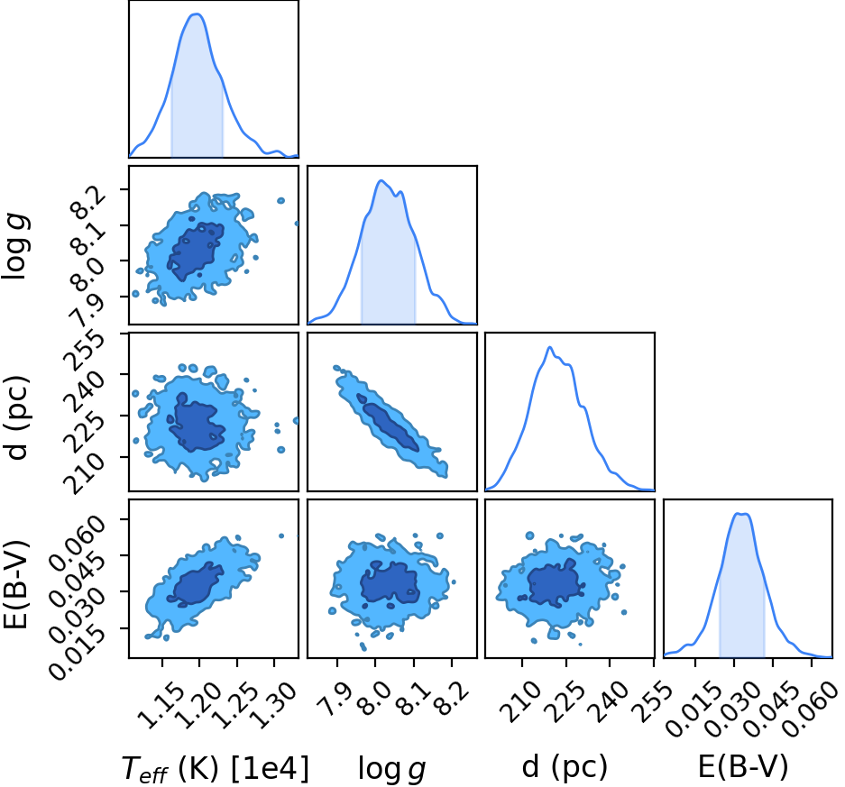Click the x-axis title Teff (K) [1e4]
pos(215,769)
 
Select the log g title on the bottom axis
pos(391,769)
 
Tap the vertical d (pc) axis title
pos(18,416)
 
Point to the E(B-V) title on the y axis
pos(17,584)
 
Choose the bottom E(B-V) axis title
pos(743,766)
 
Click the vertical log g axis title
pos(16,245)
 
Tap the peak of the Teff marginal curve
pos(197,14)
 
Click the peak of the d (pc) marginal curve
pos(549,347)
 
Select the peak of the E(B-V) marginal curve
pos(741,513)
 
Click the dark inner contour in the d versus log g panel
pos(388,422)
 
